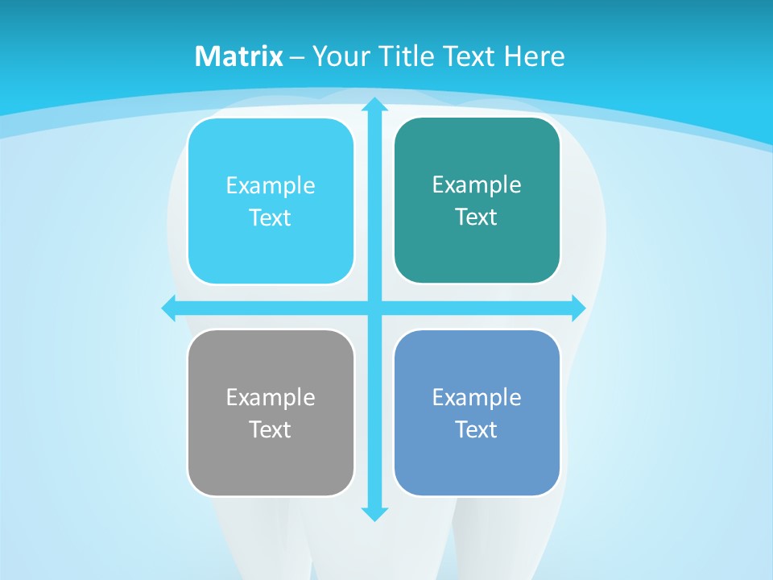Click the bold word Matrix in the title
[239, 56]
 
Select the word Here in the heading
[534, 56]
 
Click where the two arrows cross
[374, 308]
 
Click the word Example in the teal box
[477, 185]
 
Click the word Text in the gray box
[271, 429]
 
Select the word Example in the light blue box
[271, 186]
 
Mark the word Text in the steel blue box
[477, 429]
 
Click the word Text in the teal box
[477, 217]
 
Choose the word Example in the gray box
[271, 397]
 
